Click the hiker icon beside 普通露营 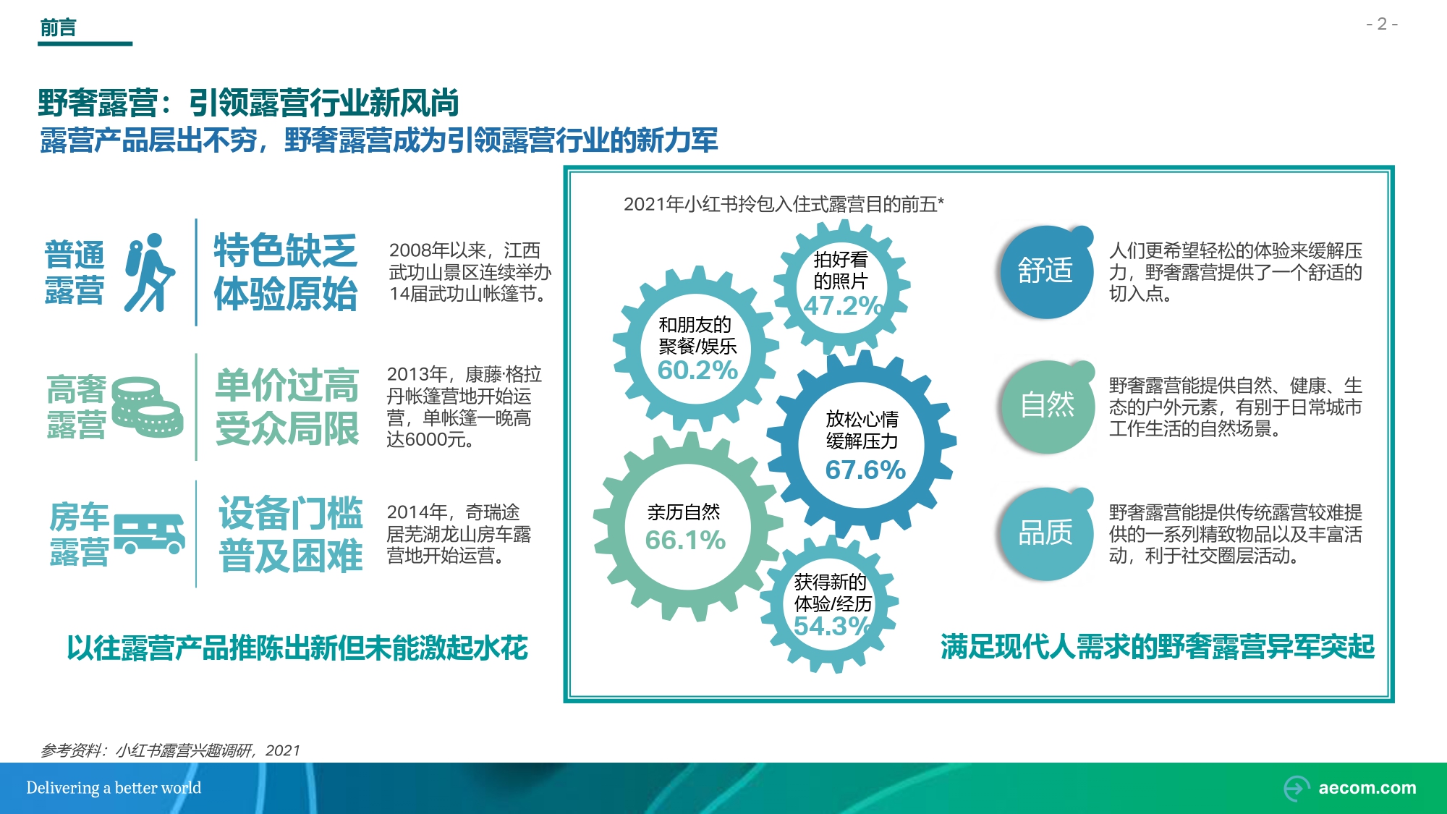click(x=150, y=273)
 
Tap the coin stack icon click(x=147, y=407)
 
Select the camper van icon click(x=149, y=534)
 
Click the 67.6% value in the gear click(x=865, y=470)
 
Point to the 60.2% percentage click(x=697, y=370)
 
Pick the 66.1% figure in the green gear click(x=685, y=540)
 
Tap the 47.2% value click(x=843, y=305)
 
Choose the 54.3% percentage click(x=832, y=626)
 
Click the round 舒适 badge click(x=1045, y=271)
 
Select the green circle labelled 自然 click(x=1047, y=406)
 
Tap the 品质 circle click(x=1045, y=534)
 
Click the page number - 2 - click(x=1382, y=25)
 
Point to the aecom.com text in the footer click(x=1367, y=788)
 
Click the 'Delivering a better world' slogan click(x=114, y=788)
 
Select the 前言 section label click(x=58, y=27)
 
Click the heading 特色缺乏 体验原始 click(x=286, y=272)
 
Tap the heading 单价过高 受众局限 click(x=287, y=407)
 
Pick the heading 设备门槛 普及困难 click(x=291, y=535)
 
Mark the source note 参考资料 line click(x=170, y=750)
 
